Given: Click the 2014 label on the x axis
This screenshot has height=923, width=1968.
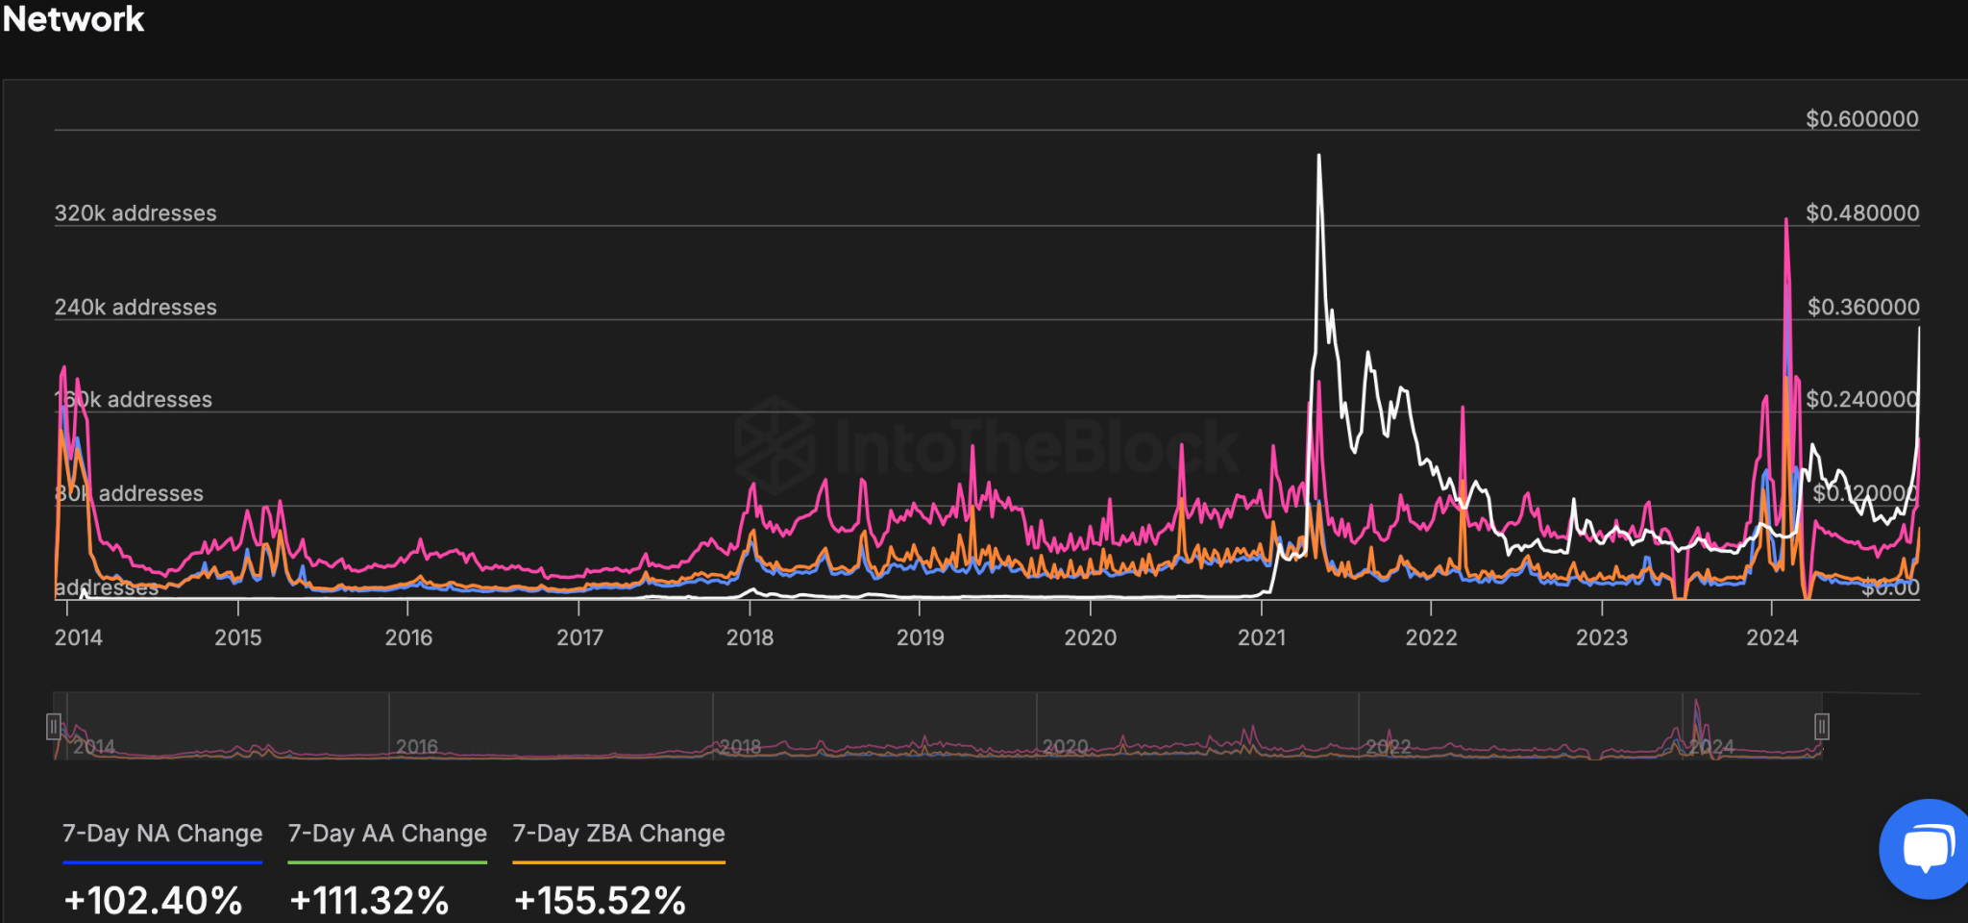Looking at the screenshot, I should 78,637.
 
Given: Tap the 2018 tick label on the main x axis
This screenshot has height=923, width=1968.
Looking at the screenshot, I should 750,637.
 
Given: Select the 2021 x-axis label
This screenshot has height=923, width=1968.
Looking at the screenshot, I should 1261,637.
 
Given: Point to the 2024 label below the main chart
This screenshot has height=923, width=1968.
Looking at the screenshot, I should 1772,637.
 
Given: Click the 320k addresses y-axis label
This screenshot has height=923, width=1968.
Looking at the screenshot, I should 135,213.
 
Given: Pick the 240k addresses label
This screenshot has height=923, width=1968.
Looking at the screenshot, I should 135,308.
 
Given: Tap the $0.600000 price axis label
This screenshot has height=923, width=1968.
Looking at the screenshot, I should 1861,119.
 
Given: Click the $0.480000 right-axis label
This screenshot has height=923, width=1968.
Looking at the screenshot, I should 1861,213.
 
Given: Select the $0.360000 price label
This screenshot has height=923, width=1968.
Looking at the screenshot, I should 1862,308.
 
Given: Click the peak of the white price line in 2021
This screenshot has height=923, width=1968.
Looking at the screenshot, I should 1318,156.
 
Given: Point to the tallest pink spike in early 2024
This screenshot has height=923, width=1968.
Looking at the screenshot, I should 1786,221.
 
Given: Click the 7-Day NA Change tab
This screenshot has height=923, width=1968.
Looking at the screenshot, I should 162,834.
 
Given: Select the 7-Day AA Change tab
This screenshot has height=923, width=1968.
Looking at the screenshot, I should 387,834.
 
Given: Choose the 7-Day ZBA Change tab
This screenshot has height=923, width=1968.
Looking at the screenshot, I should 619,834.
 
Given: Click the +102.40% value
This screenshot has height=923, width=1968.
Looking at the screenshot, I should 153,901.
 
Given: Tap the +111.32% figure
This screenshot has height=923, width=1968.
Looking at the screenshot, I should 369,901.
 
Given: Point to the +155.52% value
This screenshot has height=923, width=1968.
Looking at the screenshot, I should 600,901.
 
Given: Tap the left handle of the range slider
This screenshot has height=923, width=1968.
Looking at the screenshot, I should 54,726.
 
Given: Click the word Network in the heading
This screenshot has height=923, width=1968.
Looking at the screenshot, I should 74,19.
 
